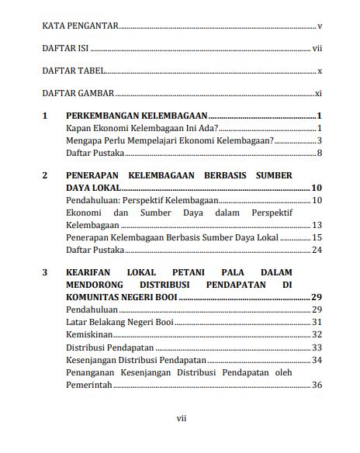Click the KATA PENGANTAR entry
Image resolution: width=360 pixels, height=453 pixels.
pyautogui.click(x=80, y=26)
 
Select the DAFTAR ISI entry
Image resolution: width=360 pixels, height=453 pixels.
pyautogui.click(x=66, y=48)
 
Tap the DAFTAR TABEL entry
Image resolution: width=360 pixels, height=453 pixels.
pyautogui.click(x=74, y=71)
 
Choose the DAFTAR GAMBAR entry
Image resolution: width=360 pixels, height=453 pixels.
pyautogui.click(x=78, y=93)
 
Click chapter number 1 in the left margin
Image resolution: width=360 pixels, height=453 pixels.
pyautogui.click(x=45, y=116)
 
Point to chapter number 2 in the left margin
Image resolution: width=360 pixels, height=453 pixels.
pyautogui.click(x=45, y=175)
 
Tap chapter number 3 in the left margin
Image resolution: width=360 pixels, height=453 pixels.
pyautogui.click(x=45, y=273)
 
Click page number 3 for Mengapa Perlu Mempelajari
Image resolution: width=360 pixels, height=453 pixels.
pyautogui.click(x=319, y=140)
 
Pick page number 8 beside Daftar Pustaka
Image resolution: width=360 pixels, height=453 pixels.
pyautogui.click(x=319, y=153)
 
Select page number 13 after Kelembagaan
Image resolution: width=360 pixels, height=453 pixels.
pyautogui.click(x=317, y=225)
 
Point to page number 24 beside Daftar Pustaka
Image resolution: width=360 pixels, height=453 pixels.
pyautogui.click(x=317, y=250)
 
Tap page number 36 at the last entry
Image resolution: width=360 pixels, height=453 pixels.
pyautogui.click(x=317, y=385)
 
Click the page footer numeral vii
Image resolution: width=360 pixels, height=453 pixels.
pyautogui.click(x=181, y=419)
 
